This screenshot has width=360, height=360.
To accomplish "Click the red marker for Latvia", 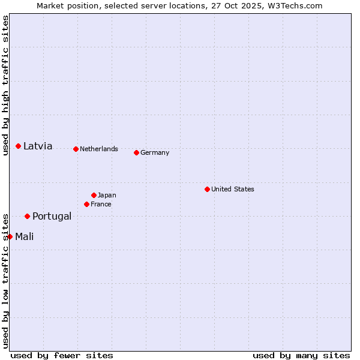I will (x=19, y=146).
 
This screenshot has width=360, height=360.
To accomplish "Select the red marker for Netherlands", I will (x=76, y=149).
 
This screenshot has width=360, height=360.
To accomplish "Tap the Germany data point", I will (x=136, y=152).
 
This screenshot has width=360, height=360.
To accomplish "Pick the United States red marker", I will (x=207, y=189).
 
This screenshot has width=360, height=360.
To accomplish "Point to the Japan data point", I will (x=94, y=195).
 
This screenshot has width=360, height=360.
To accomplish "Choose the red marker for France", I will (x=87, y=204).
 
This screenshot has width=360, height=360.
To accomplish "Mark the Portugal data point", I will (x=28, y=216).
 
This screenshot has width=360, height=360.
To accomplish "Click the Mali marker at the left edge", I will (x=10, y=236).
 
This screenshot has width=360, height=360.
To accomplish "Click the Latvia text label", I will (x=38, y=146).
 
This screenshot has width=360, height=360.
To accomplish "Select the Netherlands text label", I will (x=99, y=149).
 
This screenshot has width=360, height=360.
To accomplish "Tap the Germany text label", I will (x=155, y=152).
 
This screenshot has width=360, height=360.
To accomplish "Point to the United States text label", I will (x=233, y=189).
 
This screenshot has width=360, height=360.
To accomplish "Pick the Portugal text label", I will (x=52, y=216).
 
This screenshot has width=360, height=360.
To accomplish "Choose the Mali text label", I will (x=25, y=236).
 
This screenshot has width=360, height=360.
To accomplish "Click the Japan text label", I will (x=107, y=195).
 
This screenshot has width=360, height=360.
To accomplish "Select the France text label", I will (x=101, y=204).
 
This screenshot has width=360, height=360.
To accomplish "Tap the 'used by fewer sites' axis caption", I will (x=62, y=355).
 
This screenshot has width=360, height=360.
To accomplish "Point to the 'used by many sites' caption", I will (x=301, y=355).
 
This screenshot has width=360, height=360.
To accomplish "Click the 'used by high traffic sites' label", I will (x=5, y=85).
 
